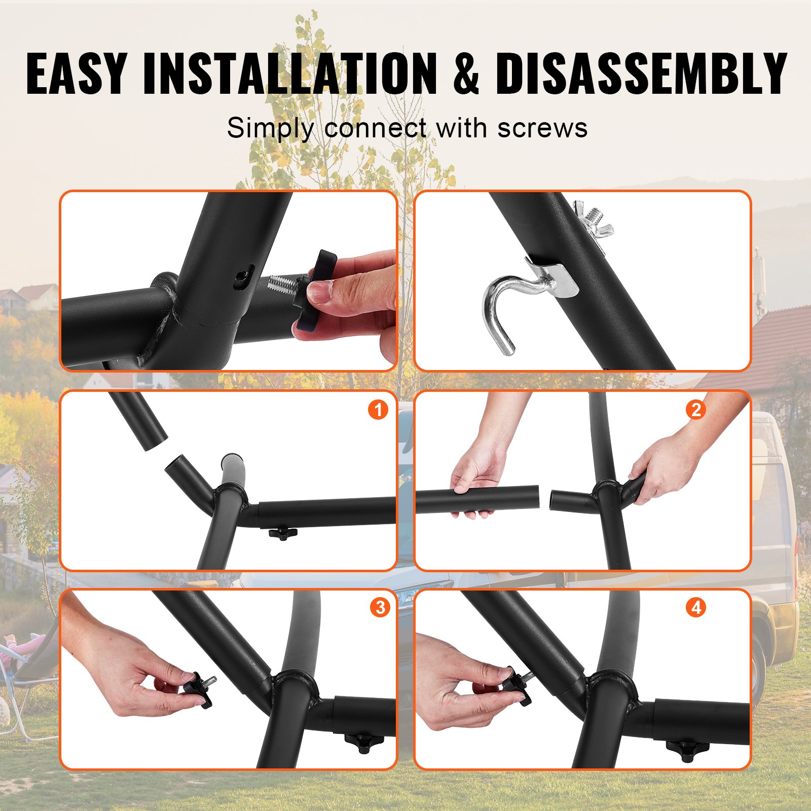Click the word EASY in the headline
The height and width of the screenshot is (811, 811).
[76, 73]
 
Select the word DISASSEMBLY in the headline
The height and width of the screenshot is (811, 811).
[641, 73]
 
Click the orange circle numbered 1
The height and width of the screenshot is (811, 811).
[378, 410]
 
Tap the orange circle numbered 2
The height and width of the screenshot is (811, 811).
[696, 410]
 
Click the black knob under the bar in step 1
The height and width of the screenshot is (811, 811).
[282, 533]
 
